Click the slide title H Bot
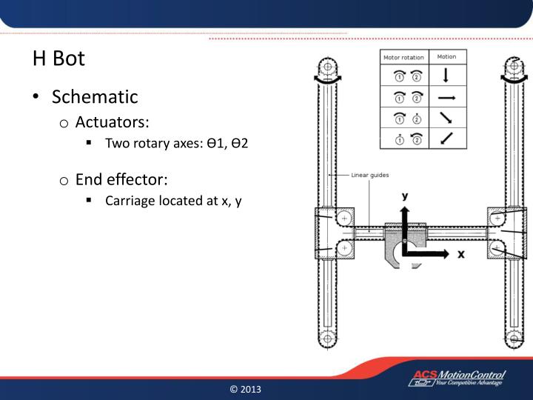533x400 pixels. (58, 59)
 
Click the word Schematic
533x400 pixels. (95, 96)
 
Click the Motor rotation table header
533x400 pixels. (403, 58)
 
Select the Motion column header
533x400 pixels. (446, 57)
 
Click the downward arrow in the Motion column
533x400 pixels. (446, 76)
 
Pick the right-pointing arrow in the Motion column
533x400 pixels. (446, 96)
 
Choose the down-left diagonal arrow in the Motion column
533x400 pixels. (446, 138)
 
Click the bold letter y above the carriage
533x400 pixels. (405, 196)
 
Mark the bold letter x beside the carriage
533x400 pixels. (460, 253)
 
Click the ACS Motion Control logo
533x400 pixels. (457, 379)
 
